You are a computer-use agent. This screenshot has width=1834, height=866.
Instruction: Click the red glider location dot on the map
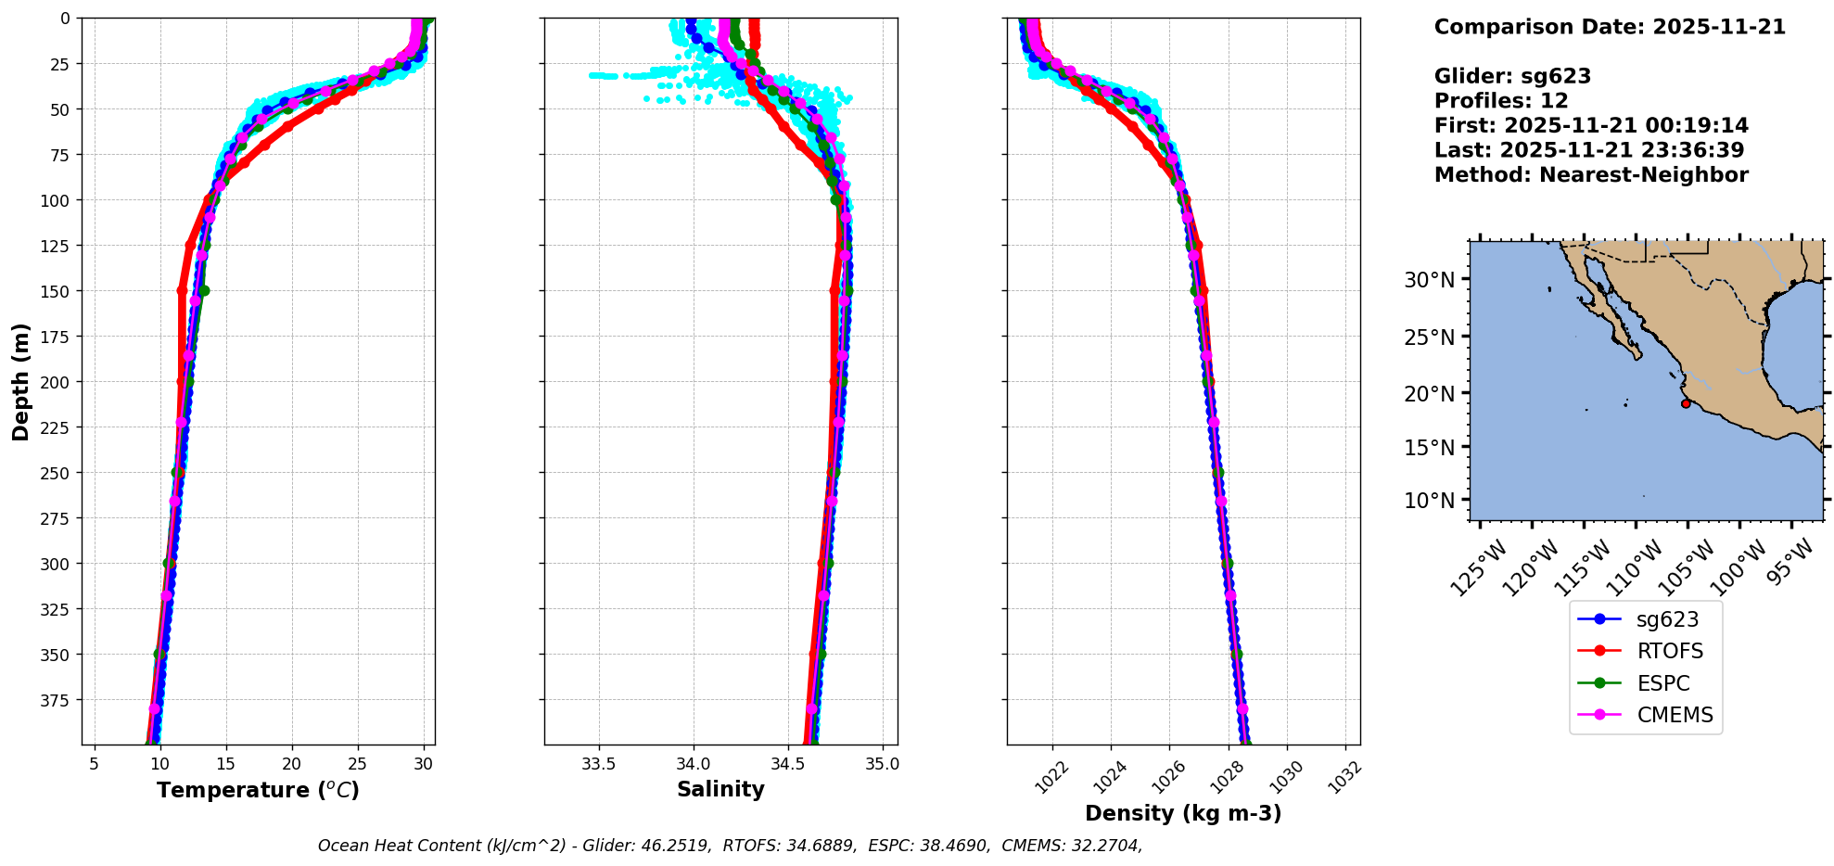(1686, 403)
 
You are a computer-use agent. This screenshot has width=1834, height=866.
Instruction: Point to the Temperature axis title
(258, 790)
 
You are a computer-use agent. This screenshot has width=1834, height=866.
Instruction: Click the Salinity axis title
(720, 789)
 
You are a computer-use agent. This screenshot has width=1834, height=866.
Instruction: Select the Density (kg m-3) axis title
(1183, 813)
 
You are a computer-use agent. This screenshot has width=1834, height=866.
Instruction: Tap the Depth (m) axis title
(20, 381)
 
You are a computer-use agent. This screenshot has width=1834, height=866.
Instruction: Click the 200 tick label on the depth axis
(57, 382)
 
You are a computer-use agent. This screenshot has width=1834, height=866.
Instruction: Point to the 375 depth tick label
(57, 700)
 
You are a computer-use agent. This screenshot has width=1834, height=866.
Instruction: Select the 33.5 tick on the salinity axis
(598, 765)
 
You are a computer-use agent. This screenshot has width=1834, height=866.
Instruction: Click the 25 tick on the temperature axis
(358, 765)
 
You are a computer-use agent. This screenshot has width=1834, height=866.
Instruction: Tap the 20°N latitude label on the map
(1429, 393)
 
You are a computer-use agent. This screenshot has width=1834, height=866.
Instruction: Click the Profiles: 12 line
(1501, 101)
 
